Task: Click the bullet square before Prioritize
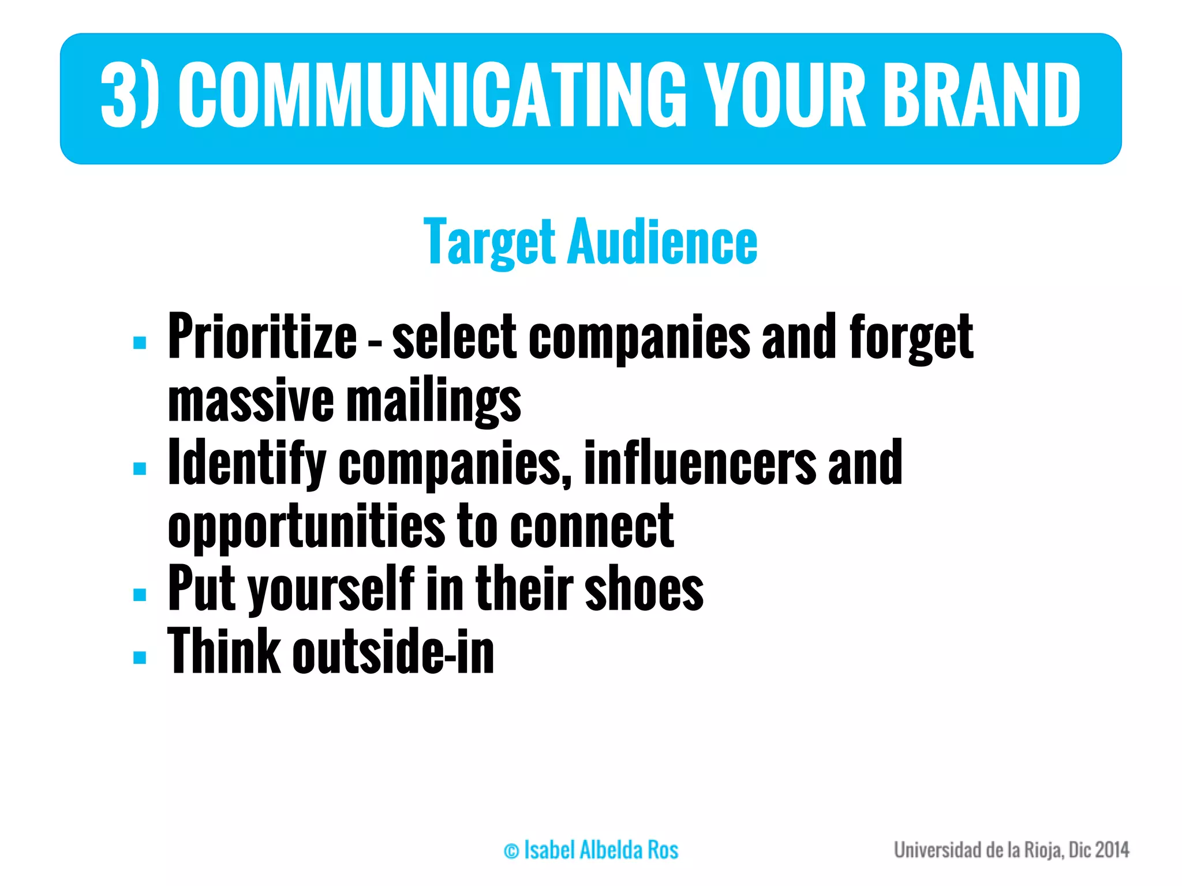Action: click(139, 343)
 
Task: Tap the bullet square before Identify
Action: click(139, 468)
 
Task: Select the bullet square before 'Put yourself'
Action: click(139, 594)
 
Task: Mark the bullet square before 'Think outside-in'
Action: click(139, 657)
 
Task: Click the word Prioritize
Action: click(263, 337)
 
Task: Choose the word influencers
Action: click(700, 463)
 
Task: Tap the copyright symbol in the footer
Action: click(511, 851)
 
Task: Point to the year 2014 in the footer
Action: click(1112, 850)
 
